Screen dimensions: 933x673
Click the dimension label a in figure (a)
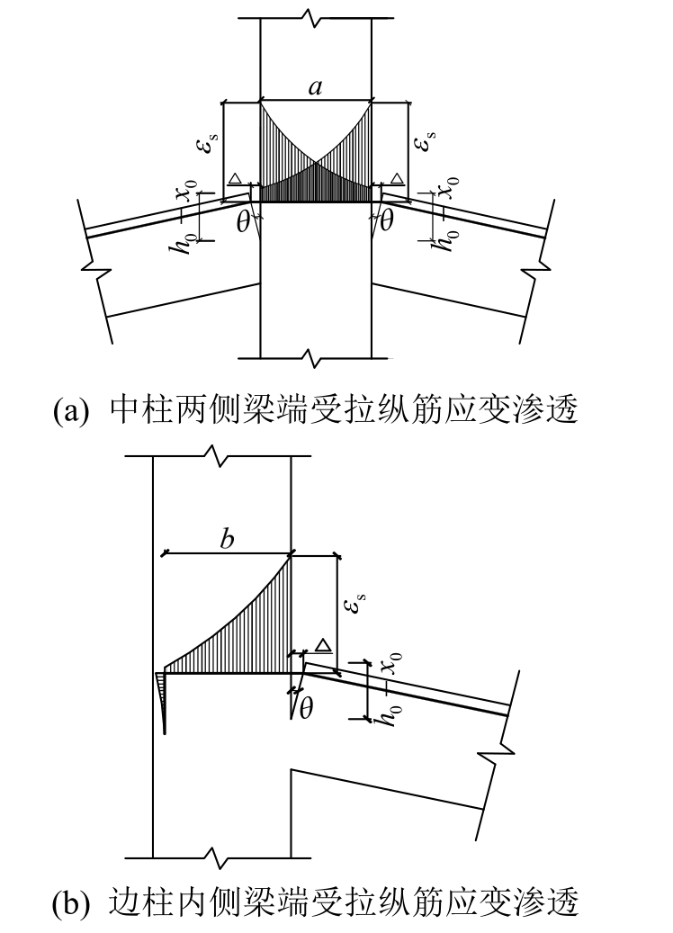[x=315, y=87]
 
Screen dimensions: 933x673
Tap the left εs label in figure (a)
[x=209, y=140]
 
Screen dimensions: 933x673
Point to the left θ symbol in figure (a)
[x=242, y=222]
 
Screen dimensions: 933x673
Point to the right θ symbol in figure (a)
[x=387, y=222]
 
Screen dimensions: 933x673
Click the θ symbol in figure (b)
[x=306, y=708]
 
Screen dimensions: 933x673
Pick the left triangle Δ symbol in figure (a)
[x=235, y=179]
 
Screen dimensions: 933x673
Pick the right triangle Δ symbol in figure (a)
[x=396, y=179]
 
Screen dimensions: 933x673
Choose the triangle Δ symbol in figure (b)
[x=323, y=644]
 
